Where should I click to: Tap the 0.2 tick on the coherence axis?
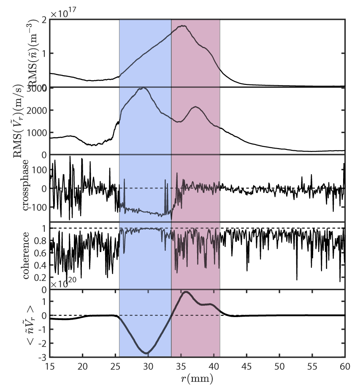[x=41, y=277]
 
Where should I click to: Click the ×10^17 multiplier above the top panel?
[x=67, y=14]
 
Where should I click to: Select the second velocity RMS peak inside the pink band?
[x=196, y=107]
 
